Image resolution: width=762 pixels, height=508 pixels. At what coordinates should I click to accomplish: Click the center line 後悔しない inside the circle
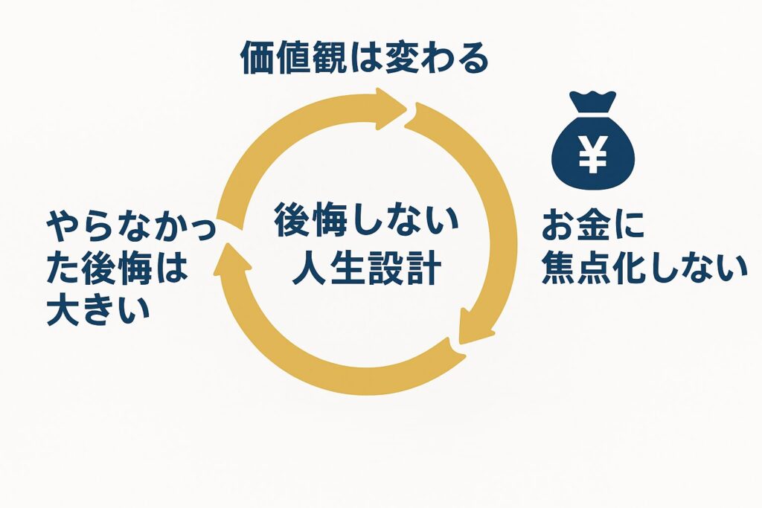[x=367, y=222]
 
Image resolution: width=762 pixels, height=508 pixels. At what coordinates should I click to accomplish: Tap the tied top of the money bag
[x=592, y=102]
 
